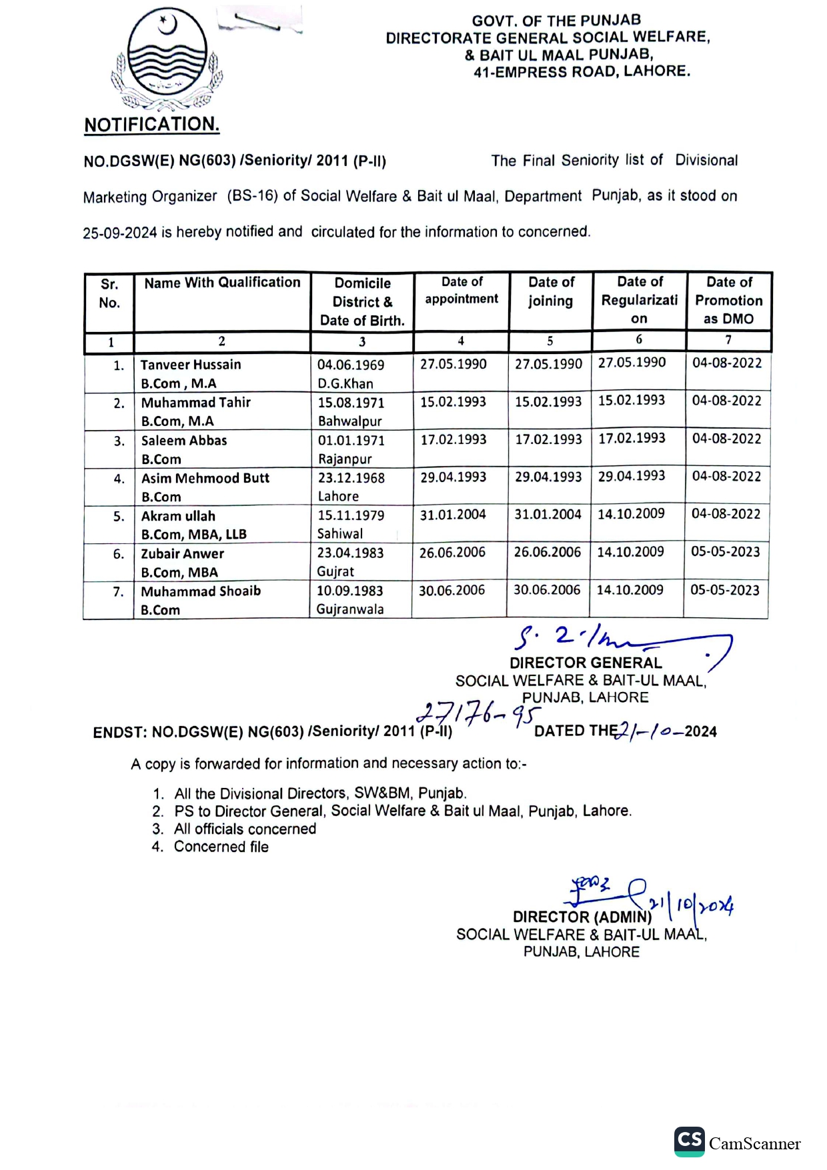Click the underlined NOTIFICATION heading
151,125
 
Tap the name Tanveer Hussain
191,365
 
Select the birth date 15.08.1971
351,403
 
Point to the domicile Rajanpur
345,459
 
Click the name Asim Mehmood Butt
205,478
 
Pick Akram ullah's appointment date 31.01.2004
453,515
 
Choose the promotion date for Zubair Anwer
725,552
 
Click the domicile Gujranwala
350,609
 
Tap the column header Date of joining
551,291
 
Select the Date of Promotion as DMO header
729,300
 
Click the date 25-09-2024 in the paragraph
120,233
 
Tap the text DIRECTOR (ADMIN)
582,917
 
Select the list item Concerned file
221,847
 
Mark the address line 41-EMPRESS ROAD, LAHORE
582,72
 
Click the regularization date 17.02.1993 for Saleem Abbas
632,438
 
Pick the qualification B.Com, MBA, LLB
193,534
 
